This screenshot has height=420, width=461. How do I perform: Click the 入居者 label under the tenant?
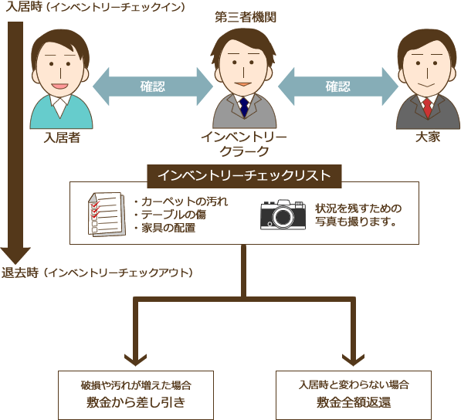click(62, 137)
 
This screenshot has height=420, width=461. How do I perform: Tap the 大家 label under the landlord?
click(428, 137)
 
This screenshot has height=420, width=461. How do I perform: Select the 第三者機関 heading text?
click(246, 17)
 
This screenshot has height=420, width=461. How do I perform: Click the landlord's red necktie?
click(428, 108)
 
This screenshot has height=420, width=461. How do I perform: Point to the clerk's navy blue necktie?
click(244, 107)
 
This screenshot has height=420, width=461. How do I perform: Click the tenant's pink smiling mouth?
click(59, 86)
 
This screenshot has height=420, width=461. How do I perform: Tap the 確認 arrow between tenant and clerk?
click(153, 86)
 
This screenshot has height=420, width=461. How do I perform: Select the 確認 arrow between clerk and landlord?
click(338, 86)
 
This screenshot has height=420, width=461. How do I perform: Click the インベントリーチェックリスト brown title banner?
click(244, 176)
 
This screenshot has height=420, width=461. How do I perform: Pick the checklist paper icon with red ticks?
click(107, 215)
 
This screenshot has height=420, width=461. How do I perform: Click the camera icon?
click(283, 215)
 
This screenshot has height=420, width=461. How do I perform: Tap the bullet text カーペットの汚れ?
click(181, 202)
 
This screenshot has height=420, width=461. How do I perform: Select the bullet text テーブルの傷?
click(170, 215)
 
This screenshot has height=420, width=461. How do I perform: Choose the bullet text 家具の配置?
click(164, 228)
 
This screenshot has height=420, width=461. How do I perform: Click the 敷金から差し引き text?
click(136, 402)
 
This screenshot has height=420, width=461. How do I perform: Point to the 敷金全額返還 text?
click(354, 402)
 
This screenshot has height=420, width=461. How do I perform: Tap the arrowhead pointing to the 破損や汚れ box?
click(136, 360)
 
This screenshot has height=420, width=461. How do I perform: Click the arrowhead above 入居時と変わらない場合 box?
click(354, 360)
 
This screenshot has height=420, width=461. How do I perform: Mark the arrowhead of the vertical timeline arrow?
click(15, 256)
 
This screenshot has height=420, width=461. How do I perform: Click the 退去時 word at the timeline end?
click(20, 273)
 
